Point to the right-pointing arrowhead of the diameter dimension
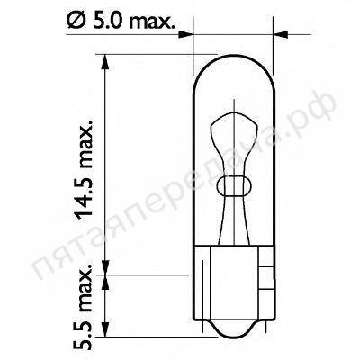tap(185, 34)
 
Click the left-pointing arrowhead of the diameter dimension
tap(281, 34)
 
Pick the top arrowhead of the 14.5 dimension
tap(105, 62)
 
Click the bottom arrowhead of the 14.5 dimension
tap(105, 267)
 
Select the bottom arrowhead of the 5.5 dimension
tap(105, 329)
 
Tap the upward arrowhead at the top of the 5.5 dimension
tap(105, 283)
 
